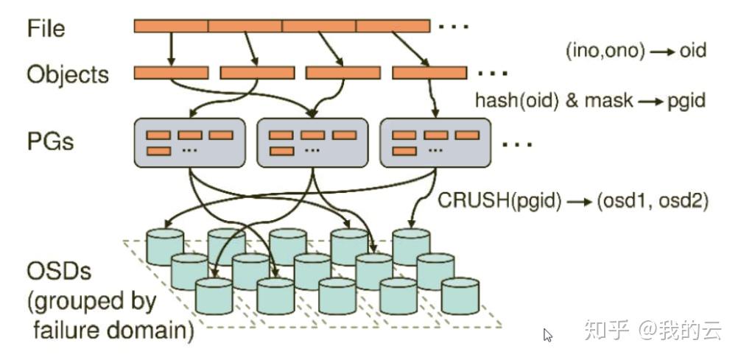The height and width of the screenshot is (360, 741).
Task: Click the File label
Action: pyautogui.click(x=46, y=29)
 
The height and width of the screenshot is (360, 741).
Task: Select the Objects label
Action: pyautogui.click(x=68, y=74)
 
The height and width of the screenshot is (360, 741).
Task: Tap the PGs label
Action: pyautogui.click(x=51, y=141)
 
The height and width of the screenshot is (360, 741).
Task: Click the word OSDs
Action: pyautogui.click(x=59, y=272)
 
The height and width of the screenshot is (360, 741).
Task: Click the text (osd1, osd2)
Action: pyautogui.click(x=653, y=201)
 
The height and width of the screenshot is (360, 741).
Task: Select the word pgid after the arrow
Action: pyautogui.click(x=686, y=101)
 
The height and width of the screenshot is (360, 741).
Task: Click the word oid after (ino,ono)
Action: pyautogui.click(x=693, y=50)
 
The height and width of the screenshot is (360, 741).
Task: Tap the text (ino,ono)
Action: pyautogui.click(x=605, y=51)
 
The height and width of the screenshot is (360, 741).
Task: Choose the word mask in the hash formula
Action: pyautogui.click(x=608, y=99)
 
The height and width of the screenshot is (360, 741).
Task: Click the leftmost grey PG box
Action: pyautogui.click(x=189, y=143)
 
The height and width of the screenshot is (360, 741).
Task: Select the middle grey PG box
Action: pyautogui.click(x=312, y=143)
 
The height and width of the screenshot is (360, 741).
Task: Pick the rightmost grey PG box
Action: pyautogui.click(x=435, y=143)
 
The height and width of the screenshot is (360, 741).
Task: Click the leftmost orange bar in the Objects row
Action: pyautogui.click(x=171, y=73)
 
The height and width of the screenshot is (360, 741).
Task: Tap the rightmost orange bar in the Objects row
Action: pyautogui.click(x=429, y=73)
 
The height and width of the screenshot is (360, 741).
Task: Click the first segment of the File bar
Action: pyautogui.click(x=171, y=26)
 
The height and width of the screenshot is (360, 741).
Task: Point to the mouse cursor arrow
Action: pyautogui.click(x=547, y=335)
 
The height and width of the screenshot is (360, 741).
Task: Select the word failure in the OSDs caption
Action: pyautogui.click(x=66, y=331)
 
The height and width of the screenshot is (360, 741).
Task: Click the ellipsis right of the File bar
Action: pyautogui.click(x=453, y=27)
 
